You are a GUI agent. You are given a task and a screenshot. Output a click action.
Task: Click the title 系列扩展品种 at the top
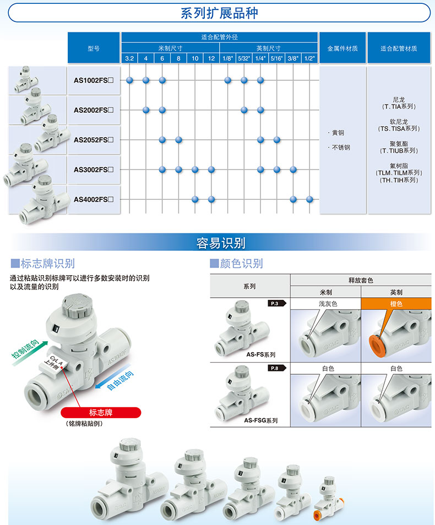[219, 13]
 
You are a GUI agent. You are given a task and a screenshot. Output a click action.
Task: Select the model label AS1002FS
[94, 80]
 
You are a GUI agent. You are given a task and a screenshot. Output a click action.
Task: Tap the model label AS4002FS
[94, 200]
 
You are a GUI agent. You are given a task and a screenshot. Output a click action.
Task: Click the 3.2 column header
[129, 58]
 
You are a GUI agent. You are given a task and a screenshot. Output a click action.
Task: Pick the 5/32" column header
[244, 58]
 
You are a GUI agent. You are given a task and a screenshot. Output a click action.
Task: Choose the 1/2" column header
[309, 58]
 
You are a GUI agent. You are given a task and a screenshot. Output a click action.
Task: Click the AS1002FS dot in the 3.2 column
[129, 80]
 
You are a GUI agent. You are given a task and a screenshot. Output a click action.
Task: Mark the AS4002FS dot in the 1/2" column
[309, 200]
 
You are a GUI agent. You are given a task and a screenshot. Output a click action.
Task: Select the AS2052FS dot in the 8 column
[178, 140]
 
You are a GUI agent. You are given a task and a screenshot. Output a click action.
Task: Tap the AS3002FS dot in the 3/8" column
[293, 169]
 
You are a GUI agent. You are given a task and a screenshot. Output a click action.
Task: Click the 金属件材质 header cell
[342, 48]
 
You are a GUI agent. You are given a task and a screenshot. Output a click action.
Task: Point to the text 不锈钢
[341, 147]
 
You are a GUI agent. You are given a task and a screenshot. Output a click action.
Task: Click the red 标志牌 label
[101, 413]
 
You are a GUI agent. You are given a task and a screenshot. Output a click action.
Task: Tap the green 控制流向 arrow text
[26, 348]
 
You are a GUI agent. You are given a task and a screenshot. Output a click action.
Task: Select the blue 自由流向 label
[120, 380]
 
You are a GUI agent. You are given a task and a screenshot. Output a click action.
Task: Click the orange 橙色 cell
[396, 304]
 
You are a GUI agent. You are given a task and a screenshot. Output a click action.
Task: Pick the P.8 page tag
[276, 368]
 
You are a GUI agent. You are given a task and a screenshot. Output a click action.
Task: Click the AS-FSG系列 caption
[261, 420]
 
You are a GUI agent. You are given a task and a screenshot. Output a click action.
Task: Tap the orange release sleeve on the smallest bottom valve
[316, 515]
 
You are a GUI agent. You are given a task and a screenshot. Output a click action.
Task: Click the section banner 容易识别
[221, 243]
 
